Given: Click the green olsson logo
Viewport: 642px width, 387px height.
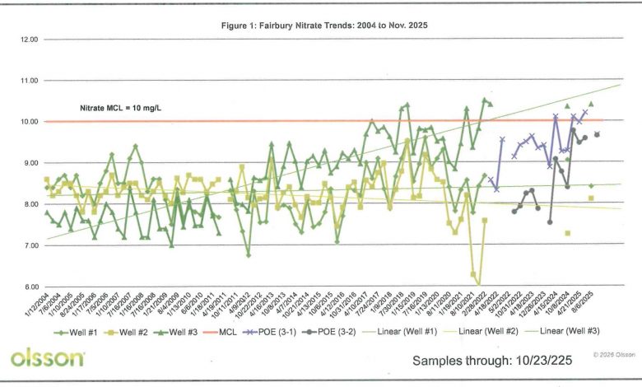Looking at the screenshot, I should (x=47, y=358).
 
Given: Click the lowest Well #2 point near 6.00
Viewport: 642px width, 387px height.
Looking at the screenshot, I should (x=479, y=284).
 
